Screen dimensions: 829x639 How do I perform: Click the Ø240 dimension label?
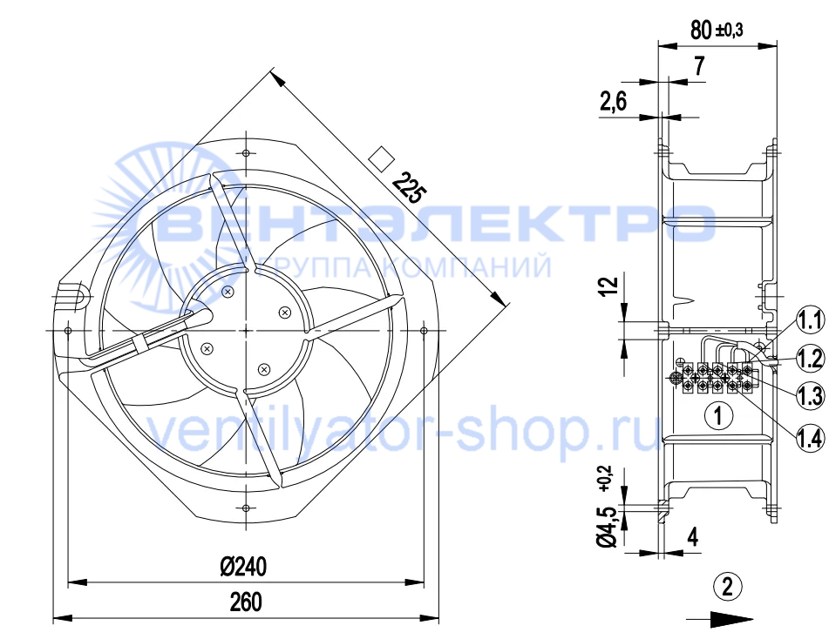[243, 567]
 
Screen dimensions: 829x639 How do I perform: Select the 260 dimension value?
[246, 602]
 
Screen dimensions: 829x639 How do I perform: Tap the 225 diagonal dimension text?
[408, 187]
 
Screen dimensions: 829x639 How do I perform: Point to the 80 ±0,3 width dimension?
[717, 30]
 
